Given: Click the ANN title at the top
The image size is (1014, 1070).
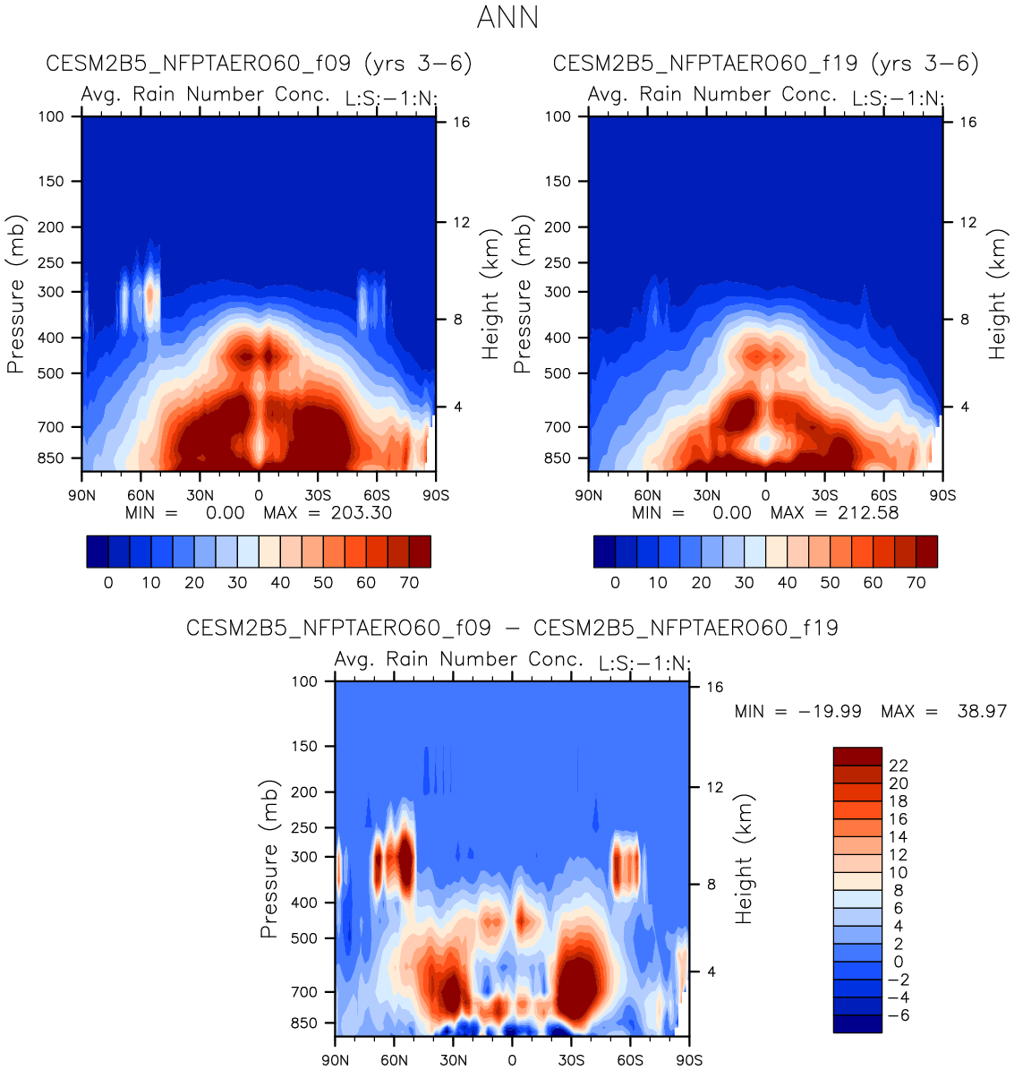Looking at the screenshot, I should [x=507, y=18].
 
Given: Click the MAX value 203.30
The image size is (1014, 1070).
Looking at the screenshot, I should [x=362, y=513].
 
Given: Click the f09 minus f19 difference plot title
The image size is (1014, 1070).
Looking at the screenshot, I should [x=512, y=628].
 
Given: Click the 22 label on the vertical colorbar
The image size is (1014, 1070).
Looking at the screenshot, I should [x=898, y=766].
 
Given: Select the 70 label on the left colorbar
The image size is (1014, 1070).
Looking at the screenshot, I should [x=409, y=583].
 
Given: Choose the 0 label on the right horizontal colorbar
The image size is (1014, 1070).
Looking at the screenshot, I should [x=615, y=583].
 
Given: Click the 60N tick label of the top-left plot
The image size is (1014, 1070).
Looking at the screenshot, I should [x=141, y=495].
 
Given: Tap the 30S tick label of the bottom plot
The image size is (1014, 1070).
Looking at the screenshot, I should [x=571, y=1060].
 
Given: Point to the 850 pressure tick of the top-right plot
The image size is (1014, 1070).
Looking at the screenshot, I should [x=558, y=458].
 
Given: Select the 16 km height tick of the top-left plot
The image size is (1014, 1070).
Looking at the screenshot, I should [x=461, y=123].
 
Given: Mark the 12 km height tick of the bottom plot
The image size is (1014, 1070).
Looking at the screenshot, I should [x=714, y=787].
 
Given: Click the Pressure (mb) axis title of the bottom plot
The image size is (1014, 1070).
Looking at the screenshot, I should [x=268, y=860].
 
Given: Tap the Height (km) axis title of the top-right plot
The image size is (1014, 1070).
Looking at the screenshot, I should [x=997, y=295].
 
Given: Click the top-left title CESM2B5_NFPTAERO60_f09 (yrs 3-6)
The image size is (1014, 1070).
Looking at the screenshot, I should [x=259, y=64].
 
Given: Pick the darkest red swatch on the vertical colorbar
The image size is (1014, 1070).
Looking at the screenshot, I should [x=856, y=757].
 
